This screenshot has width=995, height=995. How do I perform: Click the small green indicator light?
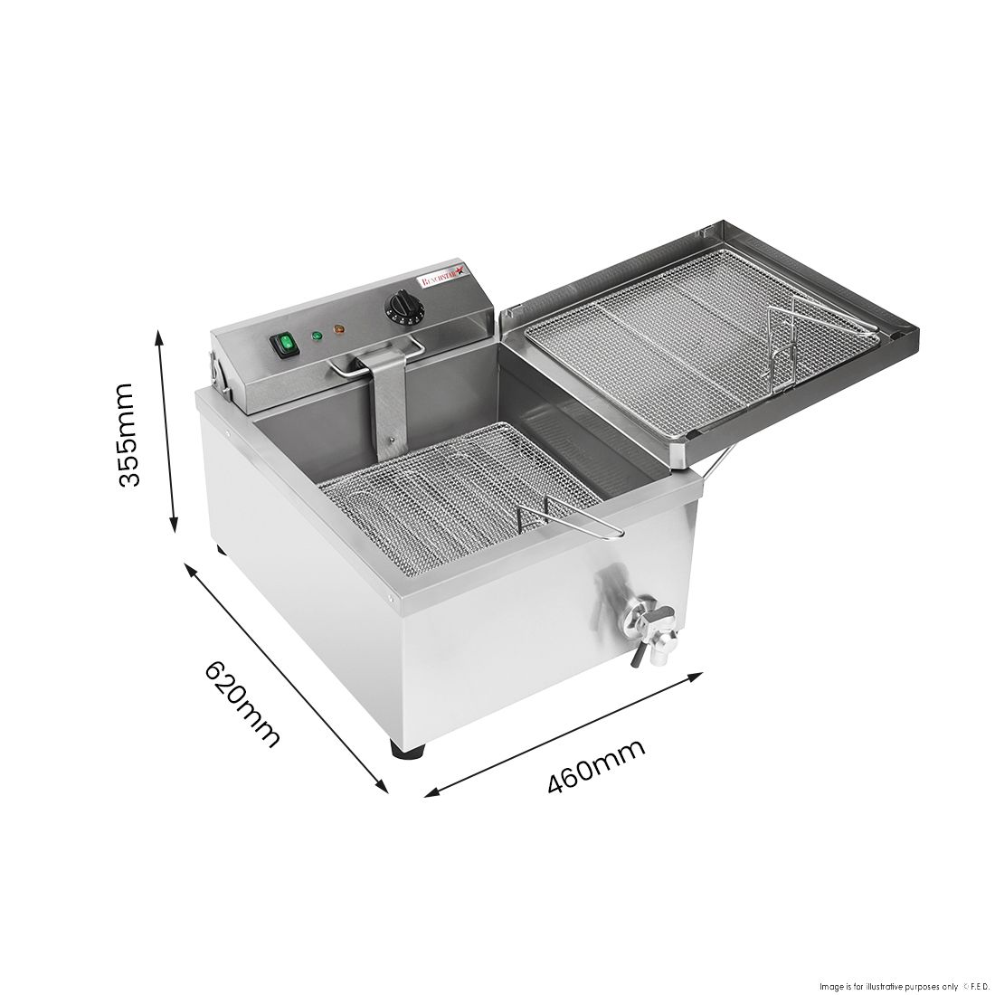[317, 337]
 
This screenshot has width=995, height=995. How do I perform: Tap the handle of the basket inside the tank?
[570, 524]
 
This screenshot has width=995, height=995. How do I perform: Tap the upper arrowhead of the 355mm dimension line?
[160, 336]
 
